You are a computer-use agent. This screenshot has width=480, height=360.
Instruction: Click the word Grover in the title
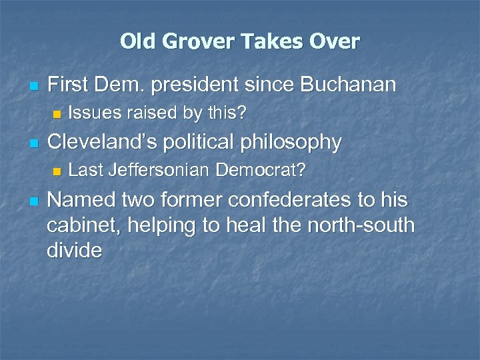pos(196,42)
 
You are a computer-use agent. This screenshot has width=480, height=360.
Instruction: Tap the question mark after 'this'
pos(243,114)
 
